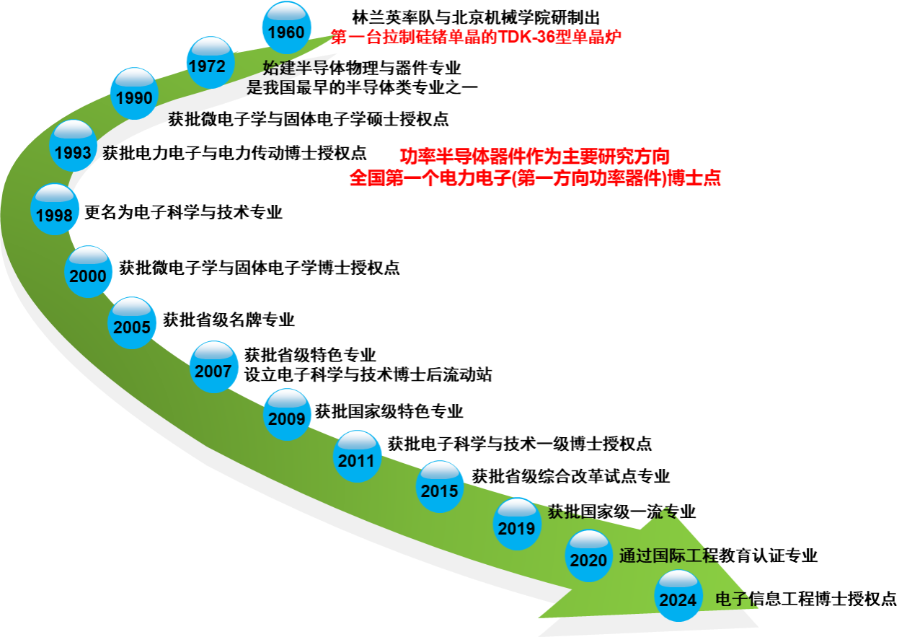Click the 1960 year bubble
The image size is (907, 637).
click(286, 28)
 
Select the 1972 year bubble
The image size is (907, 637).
click(210, 63)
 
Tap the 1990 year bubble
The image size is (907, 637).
click(134, 94)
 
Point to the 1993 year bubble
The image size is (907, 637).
click(73, 146)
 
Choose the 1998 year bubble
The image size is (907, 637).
click(55, 210)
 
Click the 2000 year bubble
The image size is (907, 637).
click(88, 272)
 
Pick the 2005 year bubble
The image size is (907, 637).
click(132, 323)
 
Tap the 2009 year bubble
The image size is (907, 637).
click(287, 415)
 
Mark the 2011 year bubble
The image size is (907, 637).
click(357, 457)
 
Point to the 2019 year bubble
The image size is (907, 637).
click(517, 524)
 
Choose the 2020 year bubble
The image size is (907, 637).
click(589, 556)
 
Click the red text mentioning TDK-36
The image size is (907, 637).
click(476, 38)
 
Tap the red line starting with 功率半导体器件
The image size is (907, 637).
click(535, 157)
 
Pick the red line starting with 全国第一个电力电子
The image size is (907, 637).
click(535, 179)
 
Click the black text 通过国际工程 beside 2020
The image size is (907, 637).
click(669, 556)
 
